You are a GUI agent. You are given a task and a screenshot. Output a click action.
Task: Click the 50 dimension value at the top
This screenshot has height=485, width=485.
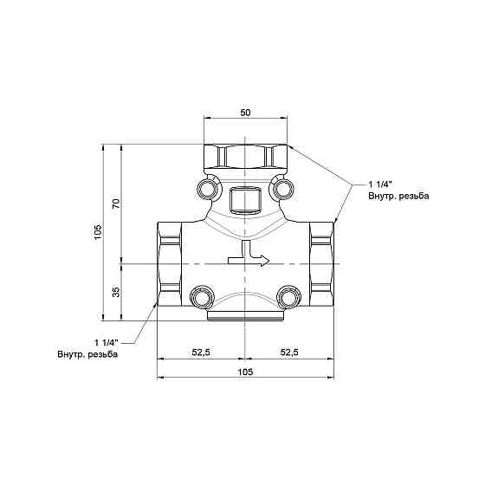245,113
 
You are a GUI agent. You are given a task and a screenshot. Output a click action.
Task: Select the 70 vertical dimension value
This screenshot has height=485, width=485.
116,204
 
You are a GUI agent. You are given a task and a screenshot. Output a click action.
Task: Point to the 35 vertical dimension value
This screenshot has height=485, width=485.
116,292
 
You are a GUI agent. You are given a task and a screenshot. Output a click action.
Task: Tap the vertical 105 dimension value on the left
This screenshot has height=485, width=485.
98,231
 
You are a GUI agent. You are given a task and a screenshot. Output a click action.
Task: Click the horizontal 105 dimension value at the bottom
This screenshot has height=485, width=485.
245,372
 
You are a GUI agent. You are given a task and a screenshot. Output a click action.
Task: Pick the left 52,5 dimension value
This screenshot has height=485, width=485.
201,352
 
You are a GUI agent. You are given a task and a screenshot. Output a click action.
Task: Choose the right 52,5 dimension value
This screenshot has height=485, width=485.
289,352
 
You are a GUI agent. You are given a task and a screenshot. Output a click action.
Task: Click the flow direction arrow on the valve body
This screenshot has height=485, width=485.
249,254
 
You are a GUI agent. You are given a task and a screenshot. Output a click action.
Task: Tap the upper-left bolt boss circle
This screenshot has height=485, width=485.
207,189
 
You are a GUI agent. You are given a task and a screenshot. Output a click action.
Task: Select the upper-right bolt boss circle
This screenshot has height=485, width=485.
282,189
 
